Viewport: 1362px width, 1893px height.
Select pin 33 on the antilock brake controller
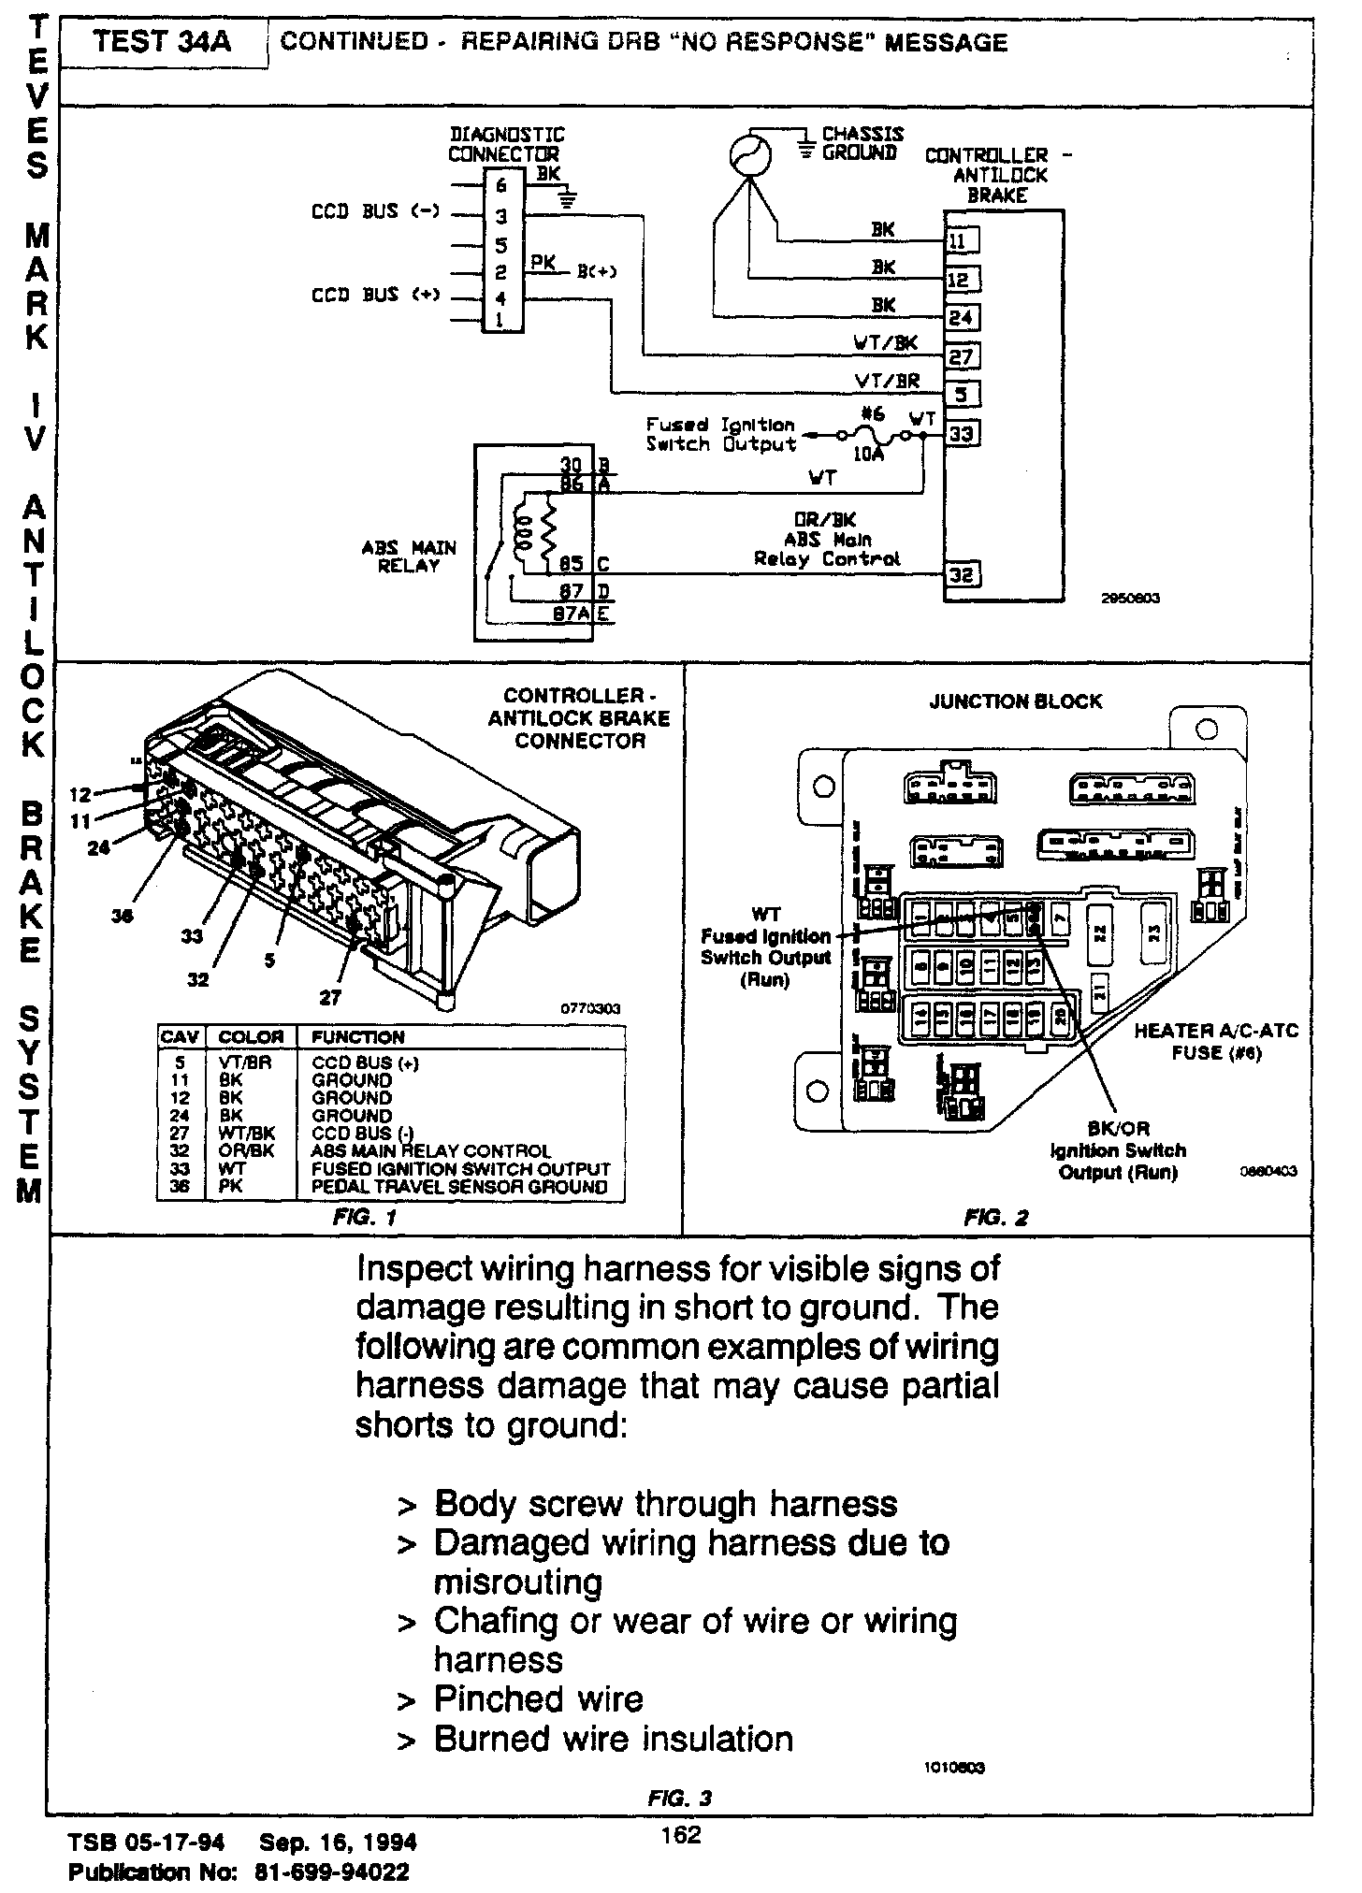[962, 434]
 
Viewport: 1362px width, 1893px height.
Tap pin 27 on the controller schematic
[962, 356]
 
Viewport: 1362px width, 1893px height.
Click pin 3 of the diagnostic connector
[501, 216]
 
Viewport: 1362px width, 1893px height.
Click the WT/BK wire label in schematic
[885, 343]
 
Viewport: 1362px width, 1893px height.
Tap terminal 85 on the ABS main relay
[572, 564]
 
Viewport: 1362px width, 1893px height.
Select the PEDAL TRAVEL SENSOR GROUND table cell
[459, 1187]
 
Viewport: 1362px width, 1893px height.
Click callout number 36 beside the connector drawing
[122, 917]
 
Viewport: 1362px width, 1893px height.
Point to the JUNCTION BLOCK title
[1015, 701]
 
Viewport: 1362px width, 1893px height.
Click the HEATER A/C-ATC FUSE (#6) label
[1216, 1042]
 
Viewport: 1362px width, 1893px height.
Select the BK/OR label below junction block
[1118, 1130]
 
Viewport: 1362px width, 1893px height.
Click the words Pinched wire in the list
[538, 1698]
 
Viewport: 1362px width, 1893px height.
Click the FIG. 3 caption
[679, 1798]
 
